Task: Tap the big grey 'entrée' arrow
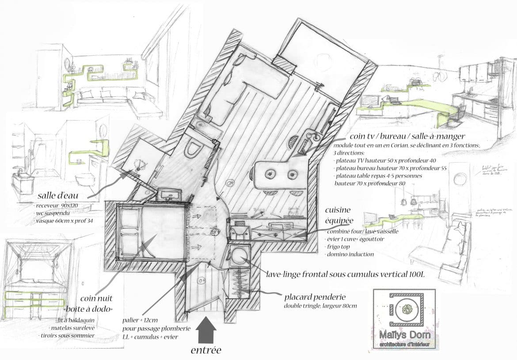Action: (205, 331)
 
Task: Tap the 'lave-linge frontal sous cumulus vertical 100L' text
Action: (345, 274)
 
